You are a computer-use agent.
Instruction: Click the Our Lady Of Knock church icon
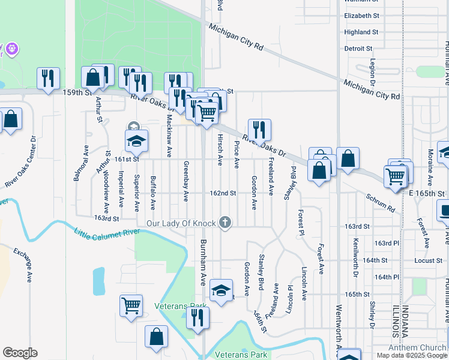[225, 223]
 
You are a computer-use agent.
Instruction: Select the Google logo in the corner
[20, 353]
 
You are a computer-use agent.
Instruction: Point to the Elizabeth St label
[361, 15]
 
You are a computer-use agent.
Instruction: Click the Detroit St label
[358, 48]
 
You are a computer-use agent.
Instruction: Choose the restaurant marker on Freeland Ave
[259, 129]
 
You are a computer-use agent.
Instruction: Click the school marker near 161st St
[136, 141]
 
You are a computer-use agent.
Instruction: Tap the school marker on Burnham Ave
[221, 292]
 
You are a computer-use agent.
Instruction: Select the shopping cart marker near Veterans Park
[131, 306]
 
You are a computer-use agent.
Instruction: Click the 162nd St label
[223, 194]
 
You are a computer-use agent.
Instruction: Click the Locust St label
[427, 261]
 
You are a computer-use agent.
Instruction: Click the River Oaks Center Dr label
[22, 161]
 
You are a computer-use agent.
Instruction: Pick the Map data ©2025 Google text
[411, 355]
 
